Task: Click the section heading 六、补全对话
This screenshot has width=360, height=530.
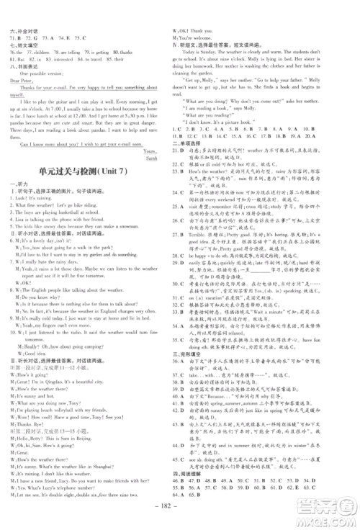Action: [27, 32]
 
